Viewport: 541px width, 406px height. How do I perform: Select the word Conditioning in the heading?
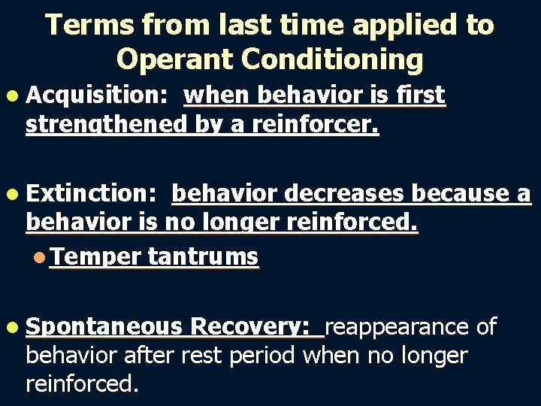pos(334,58)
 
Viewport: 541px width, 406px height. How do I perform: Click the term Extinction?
pos(91,194)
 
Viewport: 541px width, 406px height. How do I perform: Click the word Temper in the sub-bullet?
pos(95,257)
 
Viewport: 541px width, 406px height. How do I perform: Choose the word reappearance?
pos(399,327)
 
